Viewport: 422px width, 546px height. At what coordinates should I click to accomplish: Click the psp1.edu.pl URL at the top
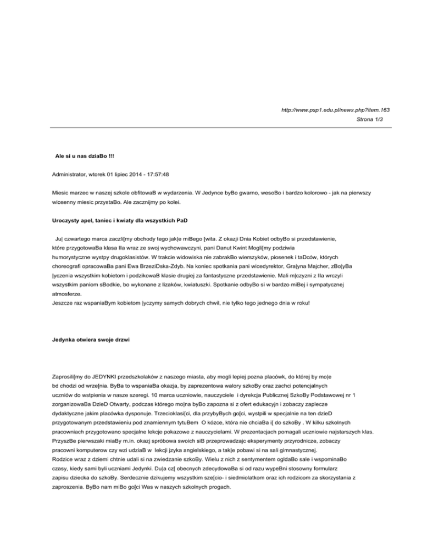(335, 110)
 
